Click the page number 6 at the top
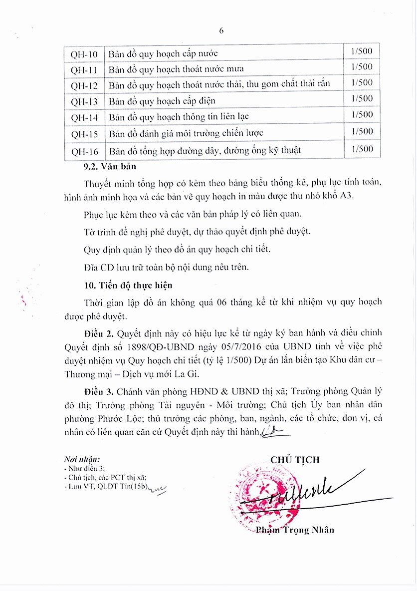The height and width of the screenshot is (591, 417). (x=221, y=30)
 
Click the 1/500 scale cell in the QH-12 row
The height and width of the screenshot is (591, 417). (x=362, y=82)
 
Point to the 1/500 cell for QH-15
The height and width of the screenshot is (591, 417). (x=362, y=132)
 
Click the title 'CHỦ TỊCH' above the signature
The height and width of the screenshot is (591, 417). (x=295, y=460)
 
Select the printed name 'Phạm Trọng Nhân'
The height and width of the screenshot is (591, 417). (x=294, y=530)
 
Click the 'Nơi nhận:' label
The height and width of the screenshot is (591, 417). (x=82, y=459)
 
